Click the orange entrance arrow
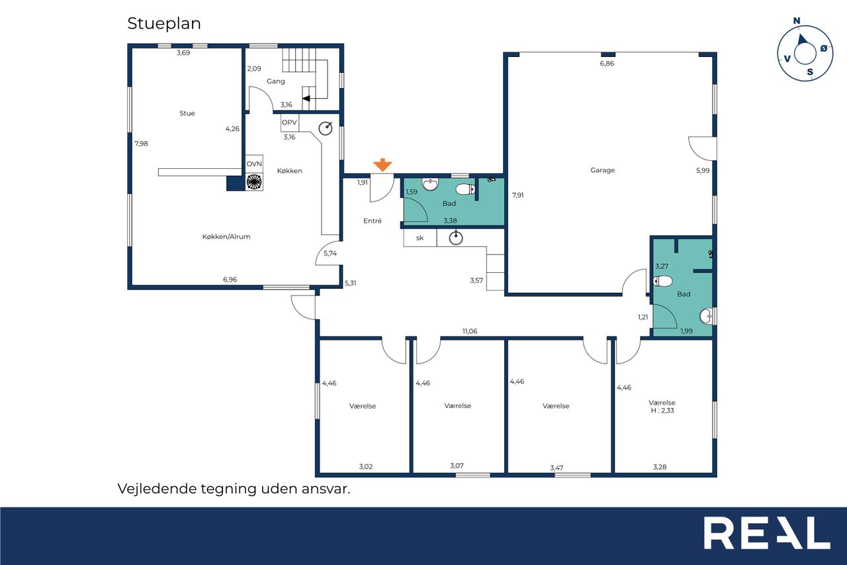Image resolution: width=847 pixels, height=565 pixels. (382, 164)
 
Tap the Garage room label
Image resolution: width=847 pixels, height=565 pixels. (602, 170)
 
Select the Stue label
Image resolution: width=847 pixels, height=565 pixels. (187, 113)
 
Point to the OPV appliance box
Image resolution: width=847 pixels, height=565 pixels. (290, 123)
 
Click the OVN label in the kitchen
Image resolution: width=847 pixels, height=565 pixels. (254, 164)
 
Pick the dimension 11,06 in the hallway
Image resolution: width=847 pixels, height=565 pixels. (470, 331)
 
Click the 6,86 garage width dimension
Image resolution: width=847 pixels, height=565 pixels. (607, 63)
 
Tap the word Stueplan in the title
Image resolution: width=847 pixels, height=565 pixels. (164, 23)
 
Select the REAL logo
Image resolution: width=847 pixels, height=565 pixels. (767, 533)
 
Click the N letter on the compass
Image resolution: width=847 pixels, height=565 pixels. (797, 21)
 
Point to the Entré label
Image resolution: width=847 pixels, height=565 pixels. (373, 221)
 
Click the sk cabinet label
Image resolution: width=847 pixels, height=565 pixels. (420, 238)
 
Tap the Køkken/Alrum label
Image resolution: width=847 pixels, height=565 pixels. (226, 236)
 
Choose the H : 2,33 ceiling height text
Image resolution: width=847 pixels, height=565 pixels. (662, 411)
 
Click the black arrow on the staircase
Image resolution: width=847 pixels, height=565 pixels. (306, 99)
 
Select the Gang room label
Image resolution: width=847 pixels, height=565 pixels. (276, 81)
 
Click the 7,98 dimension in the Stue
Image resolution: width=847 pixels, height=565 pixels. (142, 144)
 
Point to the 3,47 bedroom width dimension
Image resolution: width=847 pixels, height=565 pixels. (557, 468)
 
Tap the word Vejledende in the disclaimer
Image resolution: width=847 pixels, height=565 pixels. (157, 489)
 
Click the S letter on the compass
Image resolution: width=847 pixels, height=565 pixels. (810, 72)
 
